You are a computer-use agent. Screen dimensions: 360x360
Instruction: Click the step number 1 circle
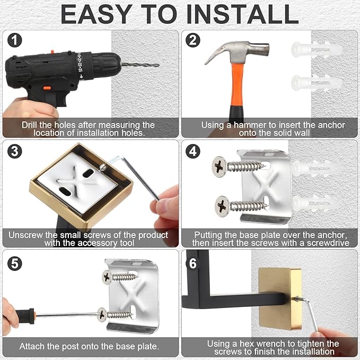coord(15,40)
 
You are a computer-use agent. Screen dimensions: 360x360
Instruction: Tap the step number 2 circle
coord(193,40)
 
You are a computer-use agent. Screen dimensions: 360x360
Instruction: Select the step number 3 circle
coord(15,151)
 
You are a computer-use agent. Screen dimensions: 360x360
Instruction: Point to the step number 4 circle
coord(193,151)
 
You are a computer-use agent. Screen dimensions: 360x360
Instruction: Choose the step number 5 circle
coord(15,264)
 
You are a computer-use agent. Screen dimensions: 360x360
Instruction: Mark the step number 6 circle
coord(193,264)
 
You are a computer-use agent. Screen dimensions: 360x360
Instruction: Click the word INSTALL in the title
coord(242,14)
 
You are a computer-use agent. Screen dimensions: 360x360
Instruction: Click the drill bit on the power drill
coord(140,65)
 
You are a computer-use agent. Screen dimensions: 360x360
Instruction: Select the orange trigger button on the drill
coord(47,87)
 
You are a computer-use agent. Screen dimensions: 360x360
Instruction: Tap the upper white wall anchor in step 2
coord(317,49)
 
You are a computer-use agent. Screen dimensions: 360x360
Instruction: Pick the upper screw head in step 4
coord(219,166)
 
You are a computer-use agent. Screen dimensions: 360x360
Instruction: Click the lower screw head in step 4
coord(222,206)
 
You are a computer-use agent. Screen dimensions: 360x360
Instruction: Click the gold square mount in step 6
coord(280,299)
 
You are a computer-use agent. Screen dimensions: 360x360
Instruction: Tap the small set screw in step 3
coord(102,167)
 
